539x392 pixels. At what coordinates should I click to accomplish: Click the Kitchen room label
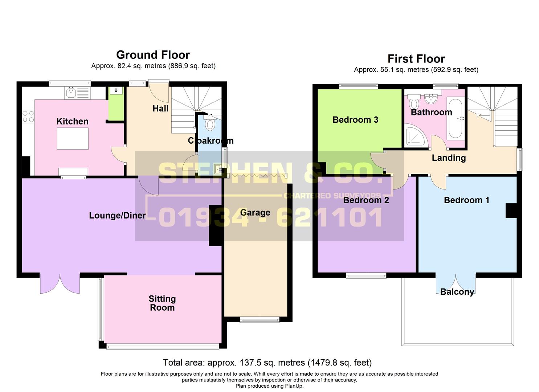pos(72,121)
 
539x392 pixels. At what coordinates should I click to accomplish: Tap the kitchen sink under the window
pos(70,93)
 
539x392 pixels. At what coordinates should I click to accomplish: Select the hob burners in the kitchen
pos(28,116)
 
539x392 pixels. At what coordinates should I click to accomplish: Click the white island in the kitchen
pos(73,139)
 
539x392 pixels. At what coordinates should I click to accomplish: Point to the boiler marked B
pos(116,90)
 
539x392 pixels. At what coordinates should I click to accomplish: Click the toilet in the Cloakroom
pos(210,123)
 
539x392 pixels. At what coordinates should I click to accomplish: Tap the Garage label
pos(255,213)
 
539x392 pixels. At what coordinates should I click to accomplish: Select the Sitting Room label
pos(162,303)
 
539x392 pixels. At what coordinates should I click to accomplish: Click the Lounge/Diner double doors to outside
pos(60,283)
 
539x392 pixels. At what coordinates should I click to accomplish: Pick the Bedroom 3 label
pos(355,120)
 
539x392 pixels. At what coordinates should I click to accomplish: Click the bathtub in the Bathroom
pos(455,119)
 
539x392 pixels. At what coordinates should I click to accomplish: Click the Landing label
pos(449,158)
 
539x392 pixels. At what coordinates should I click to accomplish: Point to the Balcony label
pos(457,292)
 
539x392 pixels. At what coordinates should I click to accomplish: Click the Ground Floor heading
pos(153,55)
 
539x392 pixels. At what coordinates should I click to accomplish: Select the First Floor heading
pos(416,59)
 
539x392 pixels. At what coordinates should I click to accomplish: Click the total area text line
pos(267,363)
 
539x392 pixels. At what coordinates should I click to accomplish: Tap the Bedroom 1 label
pos(466,200)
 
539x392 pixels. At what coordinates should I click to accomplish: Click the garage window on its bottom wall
pos(259,320)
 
